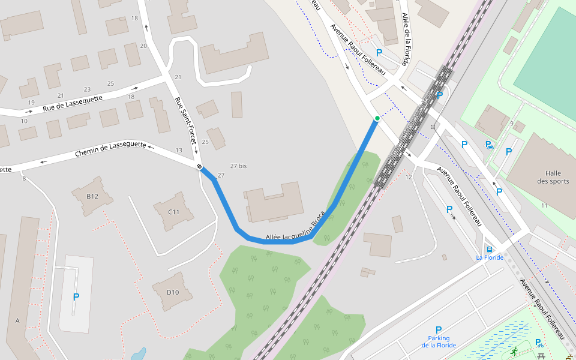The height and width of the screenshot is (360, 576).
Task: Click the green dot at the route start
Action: click(x=377, y=118)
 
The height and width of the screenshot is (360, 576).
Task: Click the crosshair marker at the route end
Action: click(x=199, y=167)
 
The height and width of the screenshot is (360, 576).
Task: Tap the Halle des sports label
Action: click(x=553, y=177)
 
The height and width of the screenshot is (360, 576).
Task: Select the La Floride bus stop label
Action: click(x=489, y=257)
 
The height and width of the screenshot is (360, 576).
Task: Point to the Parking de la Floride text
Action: click(x=438, y=341)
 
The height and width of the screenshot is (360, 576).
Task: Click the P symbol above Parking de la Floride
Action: click(x=438, y=330)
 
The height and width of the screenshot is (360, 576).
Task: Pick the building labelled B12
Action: click(x=92, y=196)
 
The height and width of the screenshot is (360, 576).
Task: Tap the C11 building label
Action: click(x=174, y=212)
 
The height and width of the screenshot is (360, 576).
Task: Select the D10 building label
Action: click(x=172, y=292)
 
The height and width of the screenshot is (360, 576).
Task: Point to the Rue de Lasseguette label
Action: click(x=73, y=104)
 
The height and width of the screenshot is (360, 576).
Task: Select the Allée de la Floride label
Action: click(x=406, y=40)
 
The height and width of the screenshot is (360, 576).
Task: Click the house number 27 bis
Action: click(x=238, y=166)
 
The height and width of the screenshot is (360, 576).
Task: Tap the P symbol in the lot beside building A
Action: click(x=76, y=297)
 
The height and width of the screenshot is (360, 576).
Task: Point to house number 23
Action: click(x=87, y=89)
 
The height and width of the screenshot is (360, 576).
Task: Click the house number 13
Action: click(x=179, y=150)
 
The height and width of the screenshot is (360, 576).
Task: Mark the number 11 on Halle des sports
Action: click(x=544, y=206)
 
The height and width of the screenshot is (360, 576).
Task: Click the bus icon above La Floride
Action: click(x=490, y=249)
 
